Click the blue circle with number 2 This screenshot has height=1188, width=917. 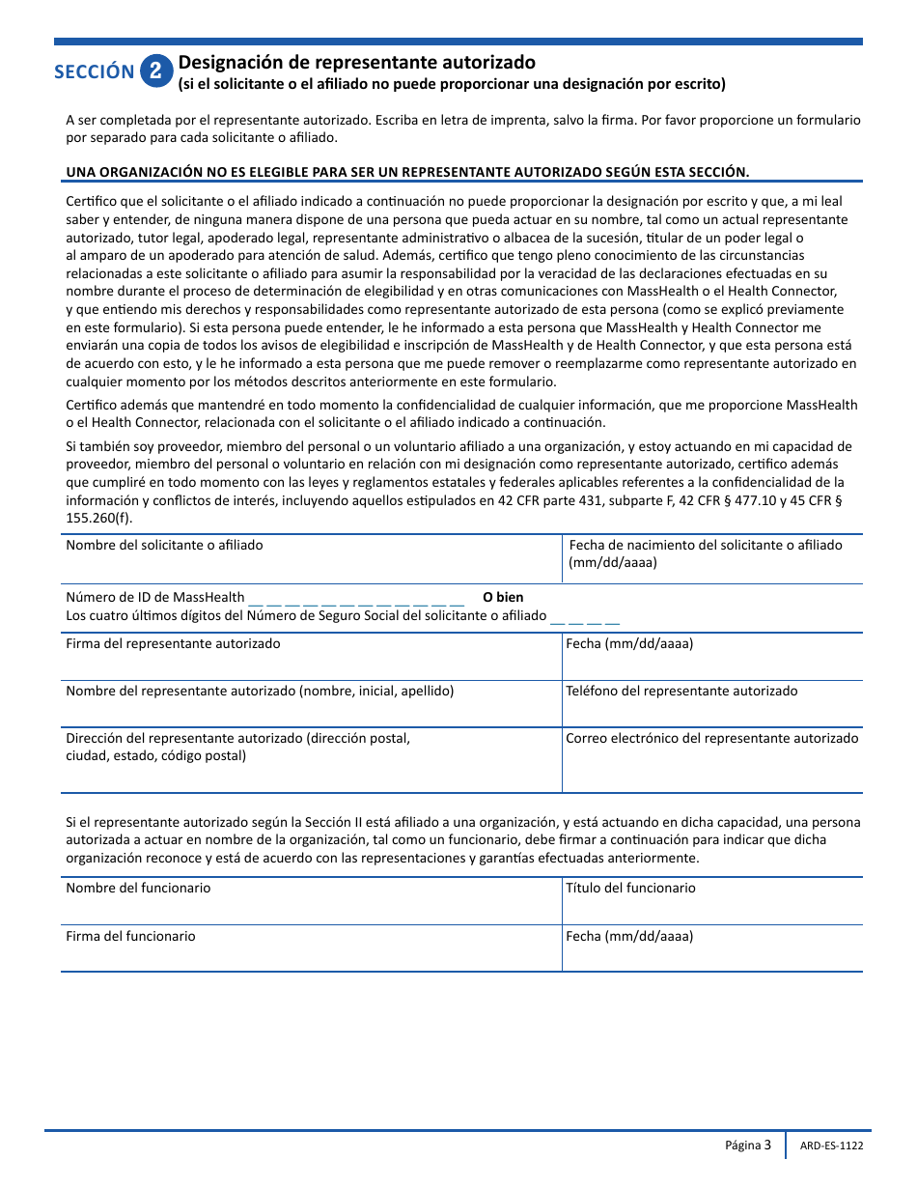tap(156, 71)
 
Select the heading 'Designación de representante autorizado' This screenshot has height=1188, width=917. tap(356, 63)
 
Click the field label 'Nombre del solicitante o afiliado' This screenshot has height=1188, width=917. tap(164, 545)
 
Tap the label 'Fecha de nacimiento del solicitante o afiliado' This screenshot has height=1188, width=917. tap(706, 545)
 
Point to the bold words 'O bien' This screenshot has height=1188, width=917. tap(503, 597)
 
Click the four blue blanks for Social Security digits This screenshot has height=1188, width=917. tap(585, 617)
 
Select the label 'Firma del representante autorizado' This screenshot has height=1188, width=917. tap(173, 643)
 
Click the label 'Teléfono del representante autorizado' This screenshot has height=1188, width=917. tap(681, 691)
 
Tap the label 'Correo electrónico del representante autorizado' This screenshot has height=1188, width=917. tap(711, 738)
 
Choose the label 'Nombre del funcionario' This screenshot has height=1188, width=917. tap(138, 888)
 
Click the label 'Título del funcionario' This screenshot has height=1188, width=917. tap(630, 888)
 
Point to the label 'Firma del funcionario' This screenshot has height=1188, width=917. tap(130, 936)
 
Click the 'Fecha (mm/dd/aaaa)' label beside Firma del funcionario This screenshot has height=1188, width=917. tap(629, 936)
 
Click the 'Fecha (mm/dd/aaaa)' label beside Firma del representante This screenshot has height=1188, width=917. tap(629, 643)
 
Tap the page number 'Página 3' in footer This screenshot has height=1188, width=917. tap(748, 1146)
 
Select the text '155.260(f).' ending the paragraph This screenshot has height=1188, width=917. tap(99, 517)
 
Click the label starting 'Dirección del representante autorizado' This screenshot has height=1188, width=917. tap(237, 738)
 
